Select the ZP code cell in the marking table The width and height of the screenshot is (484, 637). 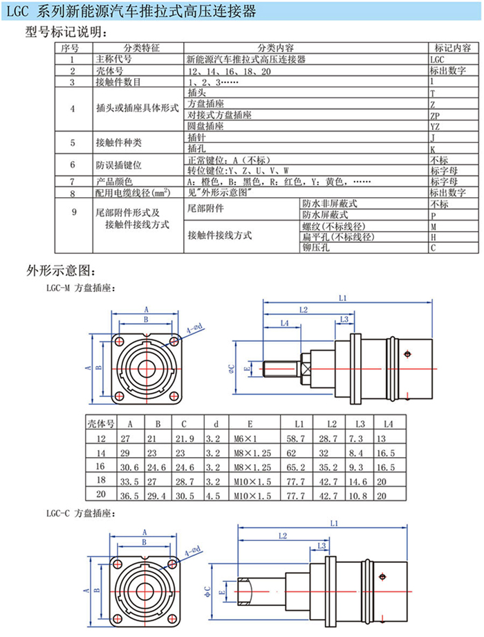click(434, 115)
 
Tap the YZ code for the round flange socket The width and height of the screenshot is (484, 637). click(434, 127)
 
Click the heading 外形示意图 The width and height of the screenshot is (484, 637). click(59, 270)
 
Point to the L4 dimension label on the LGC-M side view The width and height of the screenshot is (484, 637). click(284, 323)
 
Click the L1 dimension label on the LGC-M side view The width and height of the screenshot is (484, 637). click(344, 298)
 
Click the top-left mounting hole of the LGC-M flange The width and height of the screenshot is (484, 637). click(120, 342)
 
